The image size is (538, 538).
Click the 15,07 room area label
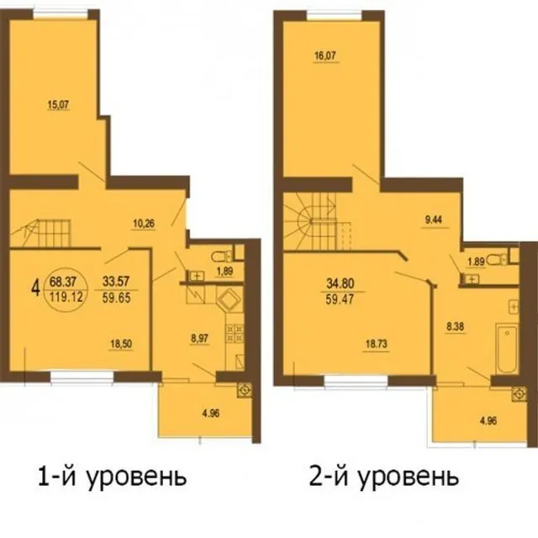(58, 104)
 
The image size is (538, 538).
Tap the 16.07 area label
(325, 56)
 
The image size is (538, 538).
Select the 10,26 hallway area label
(144, 224)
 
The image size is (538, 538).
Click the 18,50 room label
(121, 344)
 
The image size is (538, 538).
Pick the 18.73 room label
(377, 345)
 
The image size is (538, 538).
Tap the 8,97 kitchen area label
(199, 339)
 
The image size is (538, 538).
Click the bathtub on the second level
(507, 350)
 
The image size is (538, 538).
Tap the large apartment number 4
(35, 289)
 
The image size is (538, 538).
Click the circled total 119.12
(66, 297)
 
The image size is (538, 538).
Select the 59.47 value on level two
(340, 299)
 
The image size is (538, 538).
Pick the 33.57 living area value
(116, 282)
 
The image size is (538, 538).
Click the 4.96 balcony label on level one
(211, 414)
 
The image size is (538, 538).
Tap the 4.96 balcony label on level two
(488, 420)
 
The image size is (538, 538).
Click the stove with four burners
(235, 334)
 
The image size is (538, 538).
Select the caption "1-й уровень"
(112, 478)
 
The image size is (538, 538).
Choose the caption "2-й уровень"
(384, 477)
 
